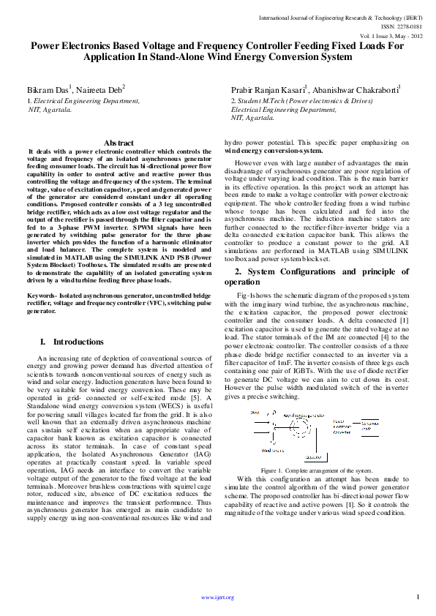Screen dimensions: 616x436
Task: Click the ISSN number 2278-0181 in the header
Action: pos(402,25)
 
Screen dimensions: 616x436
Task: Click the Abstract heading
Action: pos(119,143)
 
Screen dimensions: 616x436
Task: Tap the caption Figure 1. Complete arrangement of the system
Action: pos(317,470)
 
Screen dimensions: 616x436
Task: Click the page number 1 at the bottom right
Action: pos(417,598)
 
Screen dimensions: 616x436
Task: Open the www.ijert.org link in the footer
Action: pos(217,598)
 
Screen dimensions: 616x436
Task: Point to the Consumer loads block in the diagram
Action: pos(370,427)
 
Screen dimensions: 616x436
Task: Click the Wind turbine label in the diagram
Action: pos(273,451)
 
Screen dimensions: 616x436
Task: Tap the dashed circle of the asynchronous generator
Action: pos(300,427)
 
